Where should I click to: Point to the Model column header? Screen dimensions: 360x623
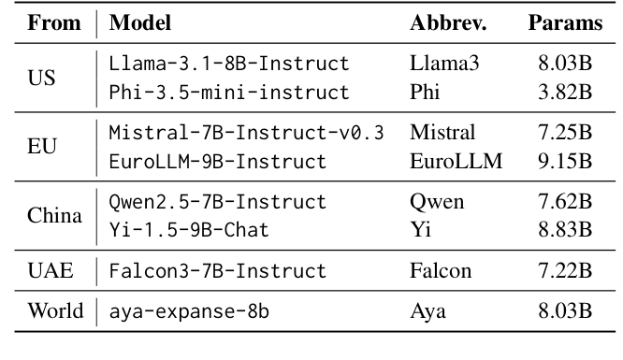[140, 23]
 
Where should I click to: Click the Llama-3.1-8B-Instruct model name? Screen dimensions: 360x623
[229, 65]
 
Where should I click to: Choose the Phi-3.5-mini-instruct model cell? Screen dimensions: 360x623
[229, 93]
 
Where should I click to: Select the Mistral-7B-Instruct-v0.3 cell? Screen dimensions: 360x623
[246, 133]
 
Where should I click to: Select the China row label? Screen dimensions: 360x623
[55, 216]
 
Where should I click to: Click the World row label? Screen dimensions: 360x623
[54, 311]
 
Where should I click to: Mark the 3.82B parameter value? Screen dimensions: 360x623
[565, 93]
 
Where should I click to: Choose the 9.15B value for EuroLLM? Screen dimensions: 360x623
[565, 161]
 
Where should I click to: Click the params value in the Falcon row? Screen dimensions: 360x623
[565, 271]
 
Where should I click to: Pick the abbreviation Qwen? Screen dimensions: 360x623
[437, 202]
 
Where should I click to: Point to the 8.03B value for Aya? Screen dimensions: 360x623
[565, 311]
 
